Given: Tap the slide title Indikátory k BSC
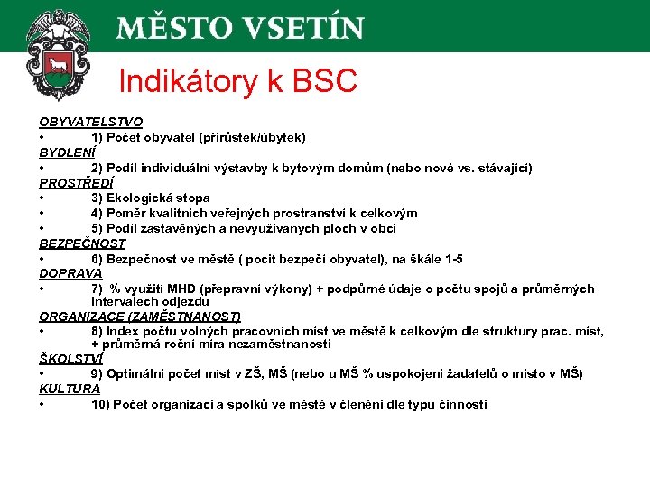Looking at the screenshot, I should click(237, 82).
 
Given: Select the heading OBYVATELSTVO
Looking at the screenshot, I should click(90, 122).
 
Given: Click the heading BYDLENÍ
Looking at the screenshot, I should click(67, 152).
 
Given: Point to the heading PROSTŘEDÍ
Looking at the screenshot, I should click(76, 182).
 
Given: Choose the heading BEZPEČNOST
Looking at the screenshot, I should click(82, 243).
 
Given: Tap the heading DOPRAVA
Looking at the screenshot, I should click(70, 272).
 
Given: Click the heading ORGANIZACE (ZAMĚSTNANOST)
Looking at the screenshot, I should click(140, 317).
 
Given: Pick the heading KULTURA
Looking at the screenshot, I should click(70, 389).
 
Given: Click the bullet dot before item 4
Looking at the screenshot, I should click(42, 214).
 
